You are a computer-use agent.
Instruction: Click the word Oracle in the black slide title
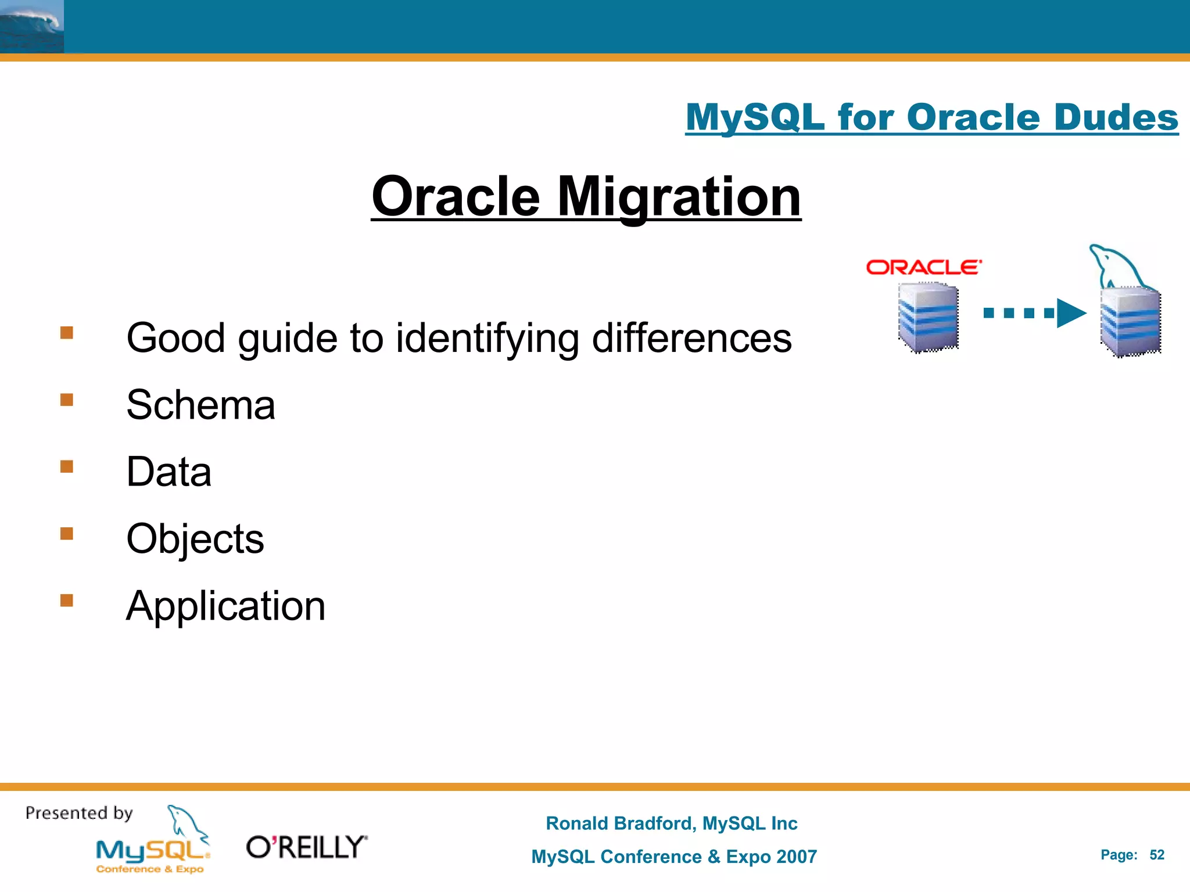(456, 197)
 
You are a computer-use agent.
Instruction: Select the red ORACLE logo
(923, 267)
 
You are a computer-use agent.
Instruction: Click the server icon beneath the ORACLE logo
(928, 317)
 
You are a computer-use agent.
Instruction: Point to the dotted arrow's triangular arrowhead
(1070, 313)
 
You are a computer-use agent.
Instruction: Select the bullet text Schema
(200, 405)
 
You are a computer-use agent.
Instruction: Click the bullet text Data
(169, 472)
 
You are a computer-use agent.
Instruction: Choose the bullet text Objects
(195, 539)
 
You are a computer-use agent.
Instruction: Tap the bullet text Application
(225, 606)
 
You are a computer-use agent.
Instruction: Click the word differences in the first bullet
(691, 338)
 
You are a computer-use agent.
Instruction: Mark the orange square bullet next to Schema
(67, 400)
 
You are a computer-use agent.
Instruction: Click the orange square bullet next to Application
(67, 600)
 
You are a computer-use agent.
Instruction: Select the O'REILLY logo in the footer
(307, 847)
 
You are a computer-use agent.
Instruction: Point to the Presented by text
(79, 813)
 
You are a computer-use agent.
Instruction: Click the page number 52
(1156, 855)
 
